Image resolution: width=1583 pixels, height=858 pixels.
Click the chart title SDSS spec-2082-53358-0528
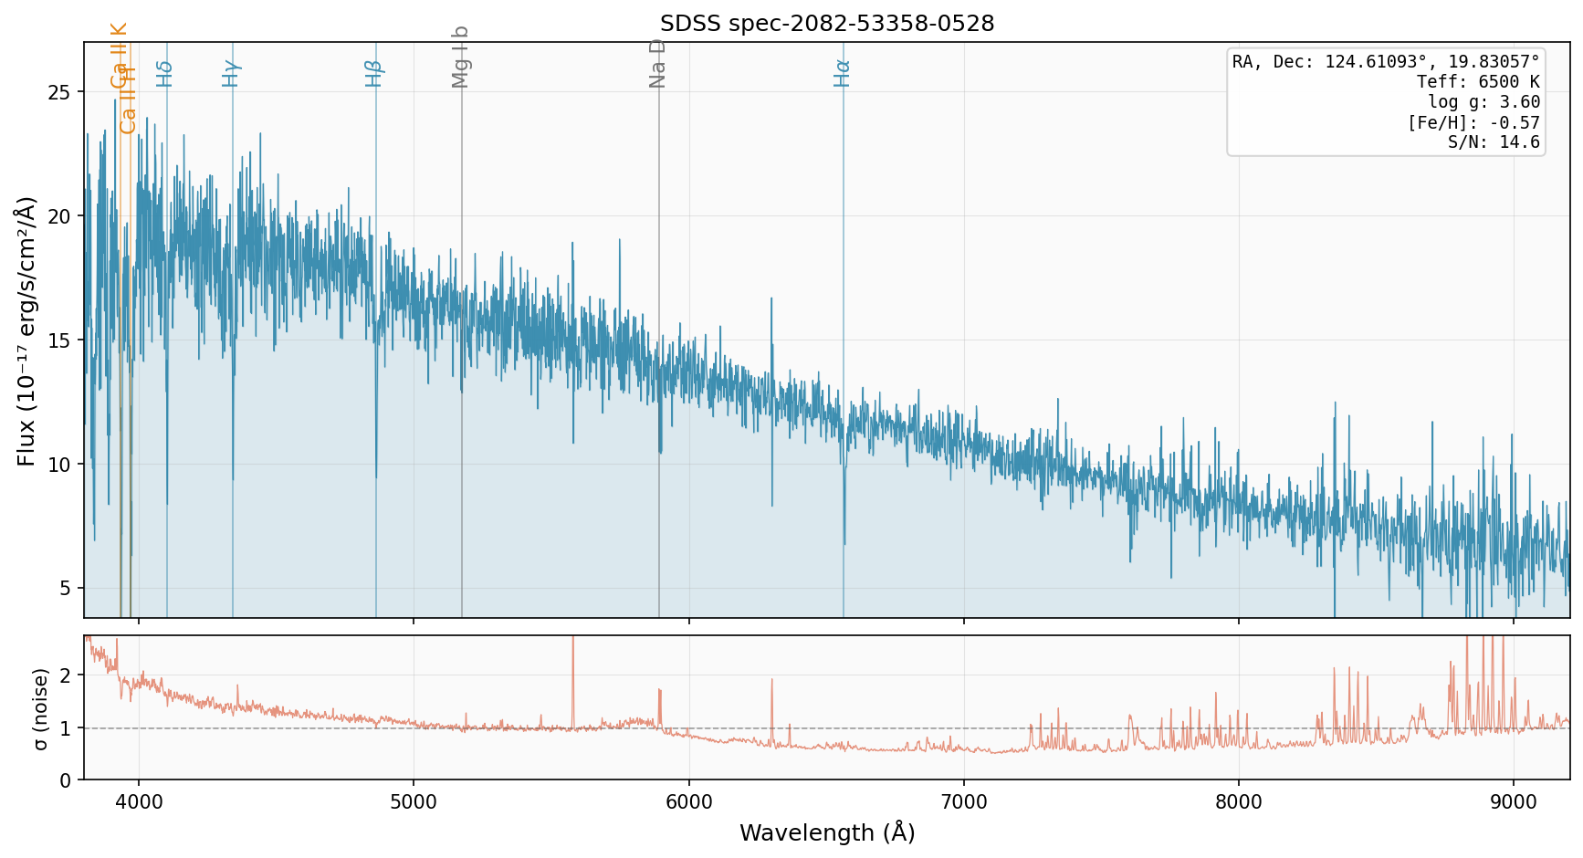(x=827, y=24)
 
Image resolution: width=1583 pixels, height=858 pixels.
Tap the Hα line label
(x=842, y=73)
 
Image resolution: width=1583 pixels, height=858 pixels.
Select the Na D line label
(x=657, y=64)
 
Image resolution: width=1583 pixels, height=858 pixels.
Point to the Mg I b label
(x=460, y=58)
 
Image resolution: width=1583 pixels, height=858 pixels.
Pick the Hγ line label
(x=231, y=73)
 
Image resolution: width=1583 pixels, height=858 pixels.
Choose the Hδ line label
(x=164, y=73)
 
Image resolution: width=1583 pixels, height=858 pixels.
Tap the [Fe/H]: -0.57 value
(x=1473, y=122)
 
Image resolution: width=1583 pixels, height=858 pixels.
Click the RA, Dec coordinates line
(x=1386, y=62)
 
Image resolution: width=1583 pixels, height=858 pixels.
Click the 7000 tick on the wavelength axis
(x=964, y=802)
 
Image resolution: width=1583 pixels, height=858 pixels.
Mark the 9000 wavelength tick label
(x=1514, y=802)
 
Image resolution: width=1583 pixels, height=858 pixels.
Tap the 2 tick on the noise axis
(x=65, y=675)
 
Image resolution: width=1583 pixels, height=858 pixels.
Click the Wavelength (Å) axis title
(x=827, y=833)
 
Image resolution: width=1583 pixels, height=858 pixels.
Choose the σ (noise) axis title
(x=41, y=708)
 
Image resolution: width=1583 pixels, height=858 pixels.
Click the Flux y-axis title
(x=26, y=330)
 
